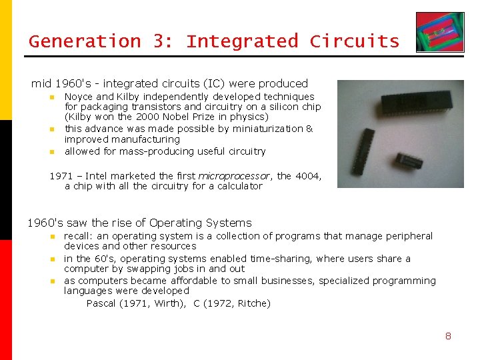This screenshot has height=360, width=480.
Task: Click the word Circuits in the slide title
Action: click(354, 41)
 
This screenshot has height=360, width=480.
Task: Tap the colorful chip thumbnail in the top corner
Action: click(439, 32)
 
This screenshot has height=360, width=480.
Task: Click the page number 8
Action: click(448, 336)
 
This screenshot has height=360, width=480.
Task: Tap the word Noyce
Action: click(79, 97)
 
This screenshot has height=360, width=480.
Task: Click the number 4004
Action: click(307, 176)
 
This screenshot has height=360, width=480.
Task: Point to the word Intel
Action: click(97, 176)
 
